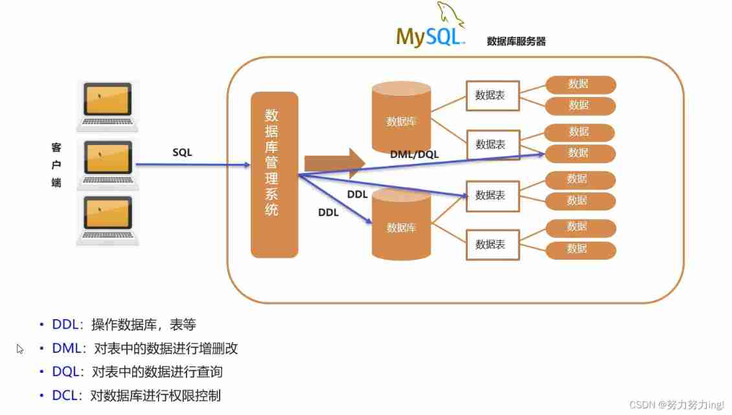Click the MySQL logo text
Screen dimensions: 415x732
click(429, 36)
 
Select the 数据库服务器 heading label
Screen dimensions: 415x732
click(516, 41)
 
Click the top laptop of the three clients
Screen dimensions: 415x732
click(108, 106)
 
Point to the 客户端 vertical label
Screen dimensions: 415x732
click(56, 165)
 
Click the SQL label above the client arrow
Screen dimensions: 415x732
click(182, 153)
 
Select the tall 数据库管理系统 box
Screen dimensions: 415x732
click(274, 174)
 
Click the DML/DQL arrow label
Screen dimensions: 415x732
click(415, 154)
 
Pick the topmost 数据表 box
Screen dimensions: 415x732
click(490, 95)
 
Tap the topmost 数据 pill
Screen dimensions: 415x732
click(580, 84)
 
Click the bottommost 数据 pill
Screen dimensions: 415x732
click(580, 249)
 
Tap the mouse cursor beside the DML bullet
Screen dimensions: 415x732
click(20, 349)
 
